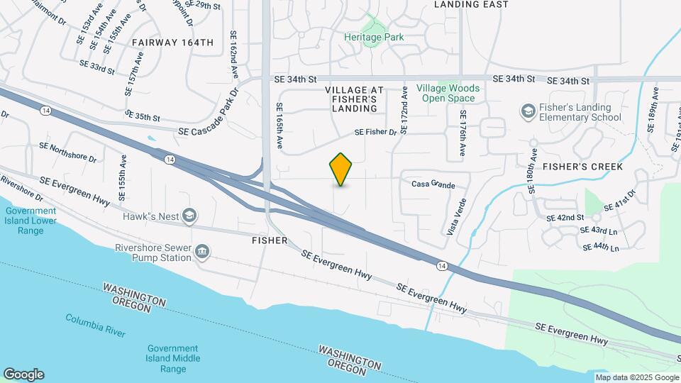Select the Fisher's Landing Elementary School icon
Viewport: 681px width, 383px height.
(x=527, y=111)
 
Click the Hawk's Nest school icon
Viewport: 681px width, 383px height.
(x=189, y=216)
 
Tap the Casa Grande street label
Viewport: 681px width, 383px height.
(x=433, y=184)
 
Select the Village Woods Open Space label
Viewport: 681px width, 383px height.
(x=448, y=93)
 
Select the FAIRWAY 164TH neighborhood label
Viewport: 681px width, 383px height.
(x=172, y=43)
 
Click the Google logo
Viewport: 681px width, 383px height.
(x=23, y=374)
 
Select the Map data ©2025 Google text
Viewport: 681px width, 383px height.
(x=637, y=377)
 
